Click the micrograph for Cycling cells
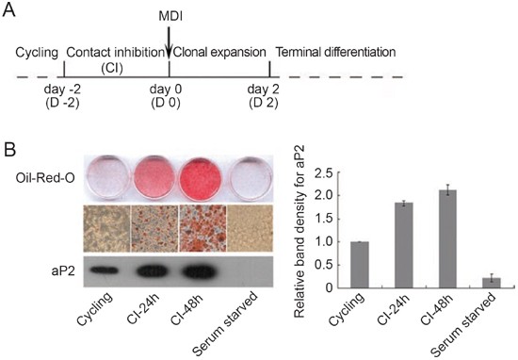tap(111, 229)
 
